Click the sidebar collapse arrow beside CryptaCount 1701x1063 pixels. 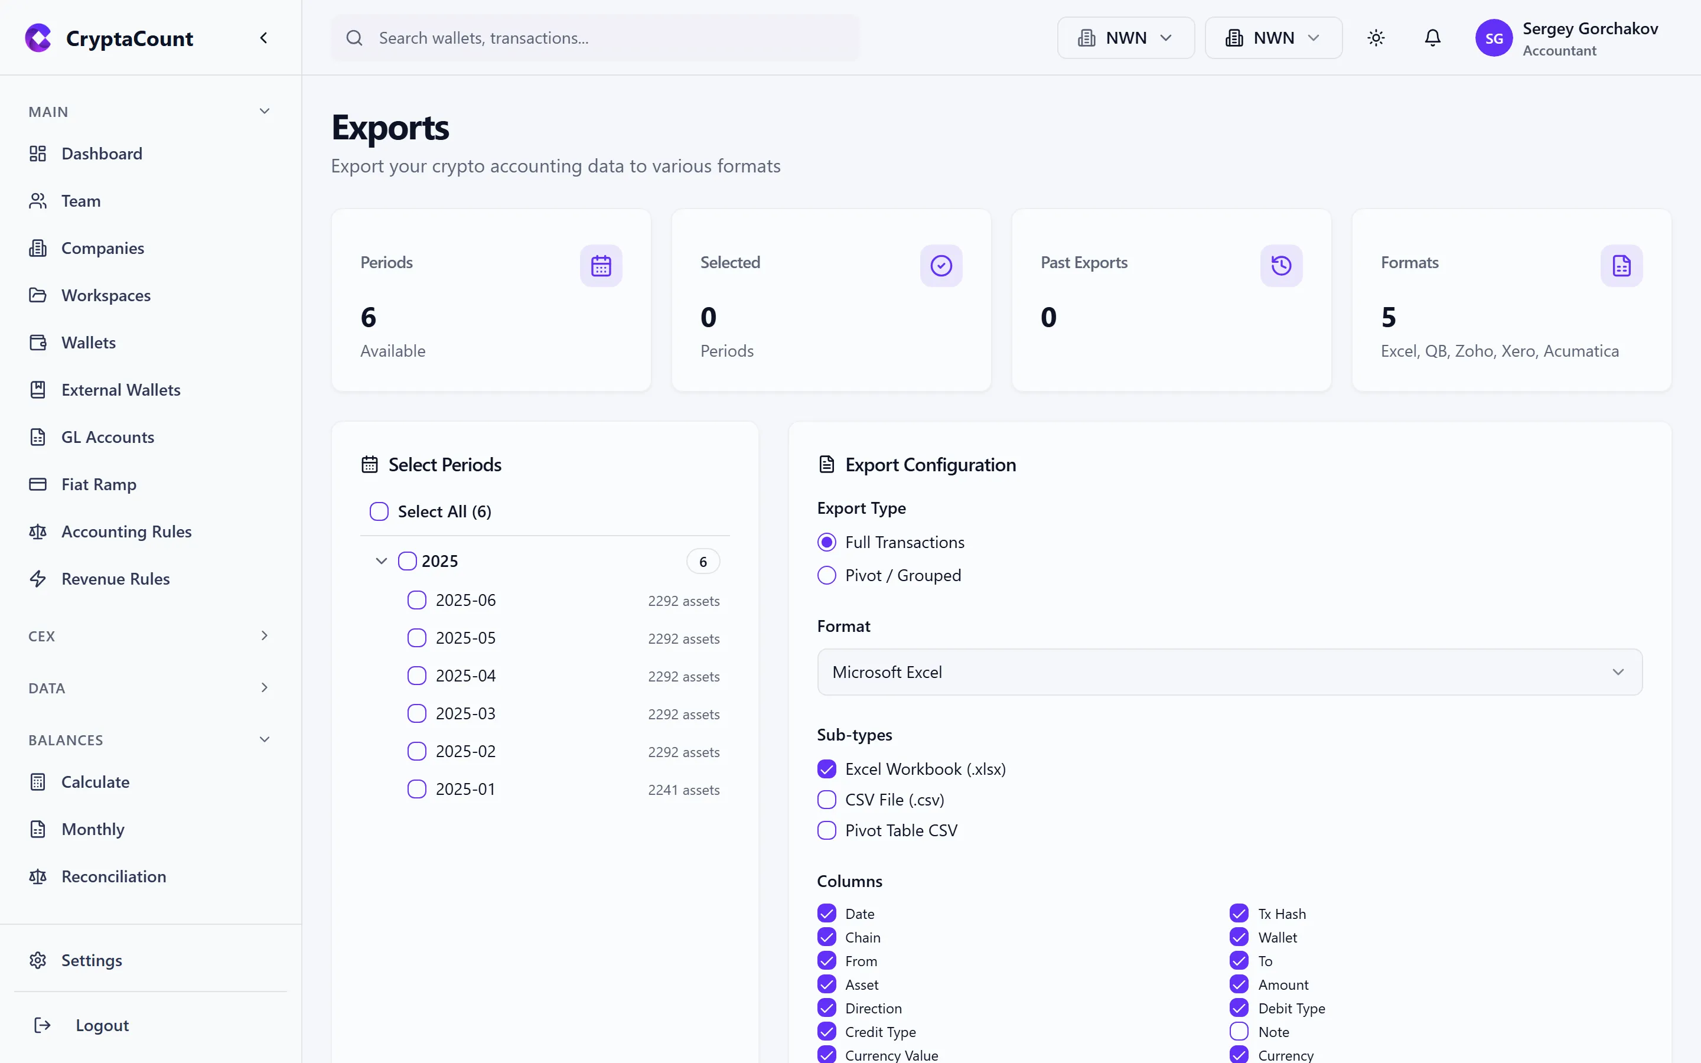[x=263, y=38]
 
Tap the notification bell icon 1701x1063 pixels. [x=1432, y=38]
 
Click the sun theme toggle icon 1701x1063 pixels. [x=1376, y=38]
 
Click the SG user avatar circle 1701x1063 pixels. [x=1493, y=38]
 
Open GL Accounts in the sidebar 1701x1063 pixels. [x=107, y=437]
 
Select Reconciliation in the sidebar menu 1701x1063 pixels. [x=113, y=877]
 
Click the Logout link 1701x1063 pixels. [x=102, y=1026]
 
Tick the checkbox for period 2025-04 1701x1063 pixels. [x=417, y=676]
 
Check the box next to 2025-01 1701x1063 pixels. [x=417, y=790]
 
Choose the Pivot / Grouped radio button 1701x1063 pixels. [x=827, y=575]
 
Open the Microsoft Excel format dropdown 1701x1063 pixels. [x=1229, y=672]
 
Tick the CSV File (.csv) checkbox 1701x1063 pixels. [x=827, y=800]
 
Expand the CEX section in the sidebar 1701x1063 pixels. [x=263, y=635]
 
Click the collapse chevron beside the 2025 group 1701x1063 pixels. [x=381, y=561]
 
